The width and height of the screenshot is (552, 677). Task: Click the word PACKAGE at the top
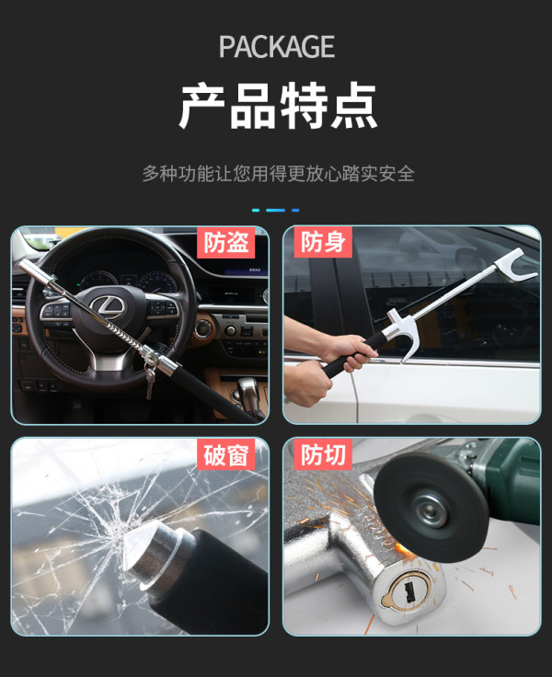coord(276,47)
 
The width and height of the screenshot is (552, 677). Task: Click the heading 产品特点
coord(278,106)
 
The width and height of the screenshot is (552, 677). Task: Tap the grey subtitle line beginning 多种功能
coord(279,174)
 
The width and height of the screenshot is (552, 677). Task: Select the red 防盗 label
coord(226,242)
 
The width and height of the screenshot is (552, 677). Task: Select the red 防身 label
coord(323,242)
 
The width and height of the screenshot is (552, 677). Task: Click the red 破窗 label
coord(226,454)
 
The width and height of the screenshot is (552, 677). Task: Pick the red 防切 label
coord(323,454)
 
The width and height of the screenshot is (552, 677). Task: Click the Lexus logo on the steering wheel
coord(108,305)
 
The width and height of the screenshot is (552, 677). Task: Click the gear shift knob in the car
coord(247,388)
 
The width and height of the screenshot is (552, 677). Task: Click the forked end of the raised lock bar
coord(516,265)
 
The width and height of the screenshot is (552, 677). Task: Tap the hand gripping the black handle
coord(350,352)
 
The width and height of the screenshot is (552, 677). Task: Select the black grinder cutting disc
coord(431,508)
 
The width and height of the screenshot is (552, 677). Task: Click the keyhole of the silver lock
coord(408,591)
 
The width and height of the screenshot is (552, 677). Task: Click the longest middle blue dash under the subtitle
coord(276,211)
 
